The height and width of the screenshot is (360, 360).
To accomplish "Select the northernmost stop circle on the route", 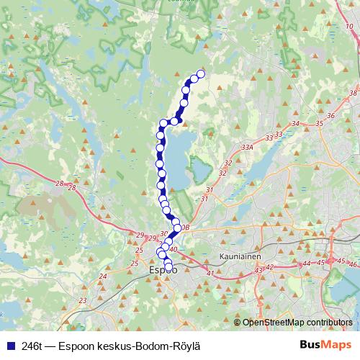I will pos(201,73).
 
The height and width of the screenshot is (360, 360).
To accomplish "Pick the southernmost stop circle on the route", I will pos(169,269).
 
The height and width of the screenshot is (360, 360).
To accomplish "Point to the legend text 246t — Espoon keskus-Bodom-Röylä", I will pos(107,344).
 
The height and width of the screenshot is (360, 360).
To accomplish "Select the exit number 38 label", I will pos(352,94).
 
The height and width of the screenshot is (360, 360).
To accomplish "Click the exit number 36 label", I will pos(330,115).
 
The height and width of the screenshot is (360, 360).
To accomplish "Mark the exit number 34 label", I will pos(296,124).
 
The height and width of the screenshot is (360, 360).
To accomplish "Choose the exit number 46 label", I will pos(352,266).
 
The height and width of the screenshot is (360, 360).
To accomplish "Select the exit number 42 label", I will pos(270,266).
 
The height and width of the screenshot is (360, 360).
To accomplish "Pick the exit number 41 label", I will pos(210,273).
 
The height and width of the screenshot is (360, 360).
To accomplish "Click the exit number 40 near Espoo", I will pos(174,249).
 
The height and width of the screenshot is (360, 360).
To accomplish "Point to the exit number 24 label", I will pos(103,276).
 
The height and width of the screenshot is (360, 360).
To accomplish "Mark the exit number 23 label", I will pos(84,301).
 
